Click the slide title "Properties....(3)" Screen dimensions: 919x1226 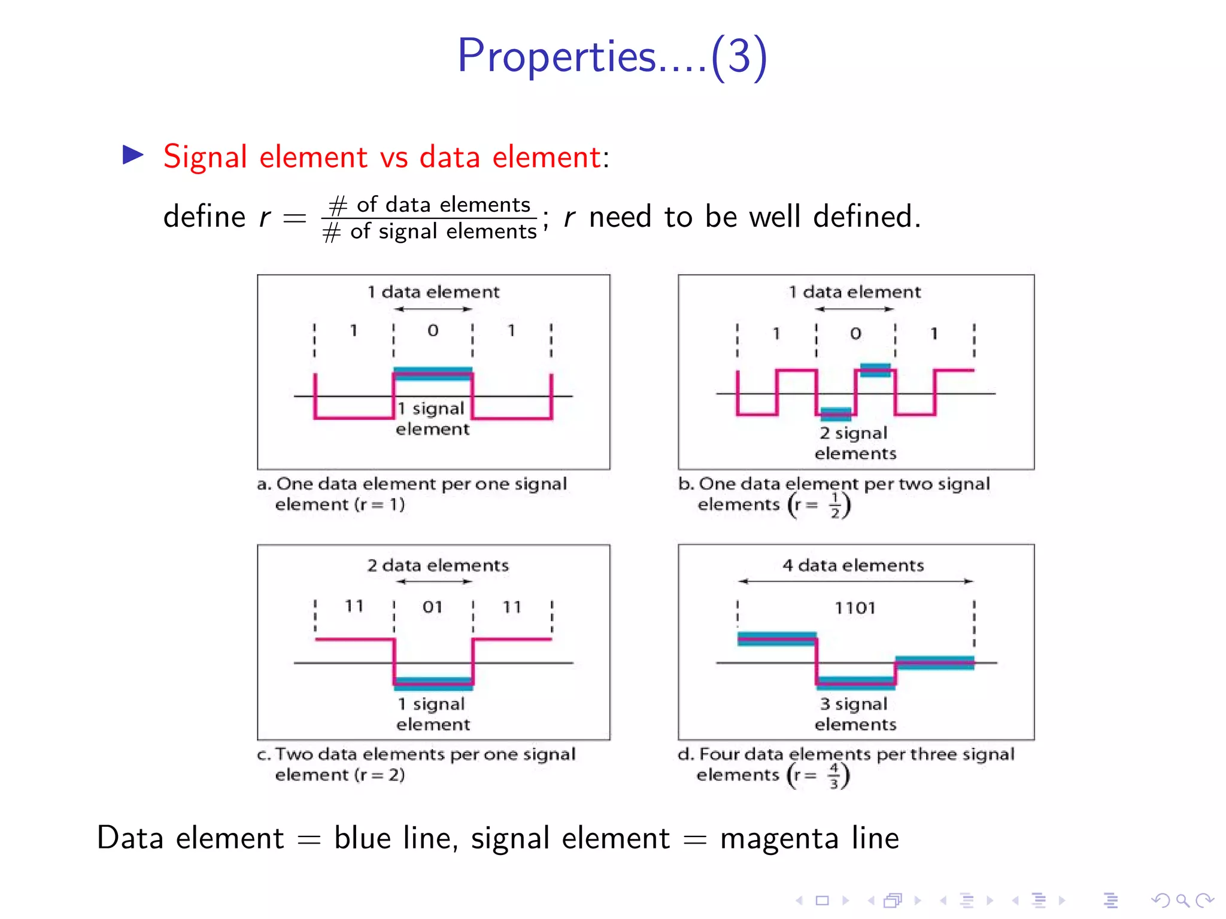coord(612,56)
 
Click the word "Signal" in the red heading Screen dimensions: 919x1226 coord(205,157)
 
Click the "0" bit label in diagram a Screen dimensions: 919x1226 coord(433,330)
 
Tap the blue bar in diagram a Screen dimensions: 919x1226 coord(433,372)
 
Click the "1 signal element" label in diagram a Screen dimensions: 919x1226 coord(432,418)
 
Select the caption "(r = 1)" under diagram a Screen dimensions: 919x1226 coord(380,504)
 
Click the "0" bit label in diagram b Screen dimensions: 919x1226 coord(855,333)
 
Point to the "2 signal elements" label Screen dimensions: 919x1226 coord(855,443)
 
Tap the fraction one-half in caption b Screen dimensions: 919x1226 coord(834,505)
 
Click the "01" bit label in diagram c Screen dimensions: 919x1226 coord(432,607)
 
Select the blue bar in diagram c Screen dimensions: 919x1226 coord(433,683)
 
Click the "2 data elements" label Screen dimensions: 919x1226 coord(438,565)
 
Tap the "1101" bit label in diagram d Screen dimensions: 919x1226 coord(855,608)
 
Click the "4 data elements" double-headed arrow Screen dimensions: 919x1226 coord(855,581)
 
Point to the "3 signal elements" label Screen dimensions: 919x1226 coord(855,714)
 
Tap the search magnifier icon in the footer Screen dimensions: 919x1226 coord(1182,900)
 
